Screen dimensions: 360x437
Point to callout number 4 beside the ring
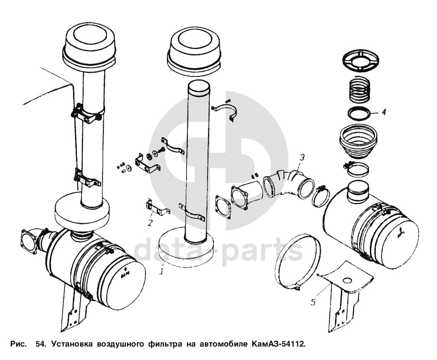383,112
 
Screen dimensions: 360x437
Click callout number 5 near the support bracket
314,303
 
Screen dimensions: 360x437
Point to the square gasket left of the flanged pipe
223,207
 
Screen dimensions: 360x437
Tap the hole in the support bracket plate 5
347,281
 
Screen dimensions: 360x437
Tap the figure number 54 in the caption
40,345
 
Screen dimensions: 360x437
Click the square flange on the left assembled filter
30,242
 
